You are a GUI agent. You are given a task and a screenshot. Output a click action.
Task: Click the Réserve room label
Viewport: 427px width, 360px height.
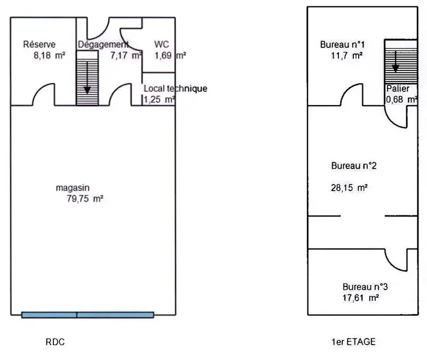(x=39, y=44)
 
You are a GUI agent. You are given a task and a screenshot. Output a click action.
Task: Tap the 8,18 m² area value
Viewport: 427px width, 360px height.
(x=50, y=55)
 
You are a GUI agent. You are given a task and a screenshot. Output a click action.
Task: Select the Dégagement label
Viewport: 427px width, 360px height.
(x=103, y=44)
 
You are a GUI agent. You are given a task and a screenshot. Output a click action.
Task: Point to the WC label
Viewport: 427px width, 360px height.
(x=162, y=44)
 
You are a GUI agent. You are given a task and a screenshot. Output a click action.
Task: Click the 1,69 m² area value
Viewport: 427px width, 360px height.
(x=170, y=55)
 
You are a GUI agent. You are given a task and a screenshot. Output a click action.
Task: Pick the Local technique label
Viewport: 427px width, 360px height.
(x=176, y=89)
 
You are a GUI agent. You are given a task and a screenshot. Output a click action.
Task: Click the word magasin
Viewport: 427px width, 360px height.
(x=73, y=188)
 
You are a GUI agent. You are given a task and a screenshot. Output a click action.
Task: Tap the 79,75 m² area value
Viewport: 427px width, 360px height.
(x=85, y=198)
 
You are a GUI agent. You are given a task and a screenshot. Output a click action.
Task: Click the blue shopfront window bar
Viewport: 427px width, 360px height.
(x=88, y=315)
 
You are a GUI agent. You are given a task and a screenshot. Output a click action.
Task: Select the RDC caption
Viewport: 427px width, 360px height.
(x=56, y=342)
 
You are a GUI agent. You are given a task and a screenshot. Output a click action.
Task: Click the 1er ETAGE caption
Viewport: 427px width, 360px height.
(x=353, y=342)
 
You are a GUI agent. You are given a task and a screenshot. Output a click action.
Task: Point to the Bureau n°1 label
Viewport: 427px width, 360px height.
(x=342, y=44)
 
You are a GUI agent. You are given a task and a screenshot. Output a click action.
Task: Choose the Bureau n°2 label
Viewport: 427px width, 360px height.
(x=354, y=166)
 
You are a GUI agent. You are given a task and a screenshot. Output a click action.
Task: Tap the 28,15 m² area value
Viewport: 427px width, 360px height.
(x=350, y=188)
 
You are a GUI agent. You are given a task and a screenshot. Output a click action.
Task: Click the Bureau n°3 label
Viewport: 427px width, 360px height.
(x=365, y=287)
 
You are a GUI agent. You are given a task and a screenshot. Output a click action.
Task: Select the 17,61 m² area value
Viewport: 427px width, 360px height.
(x=361, y=298)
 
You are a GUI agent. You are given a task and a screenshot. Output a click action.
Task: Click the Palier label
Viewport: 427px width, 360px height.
(x=398, y=89)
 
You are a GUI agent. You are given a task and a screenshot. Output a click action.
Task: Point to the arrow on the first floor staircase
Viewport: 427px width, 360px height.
(x=396, y=61)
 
